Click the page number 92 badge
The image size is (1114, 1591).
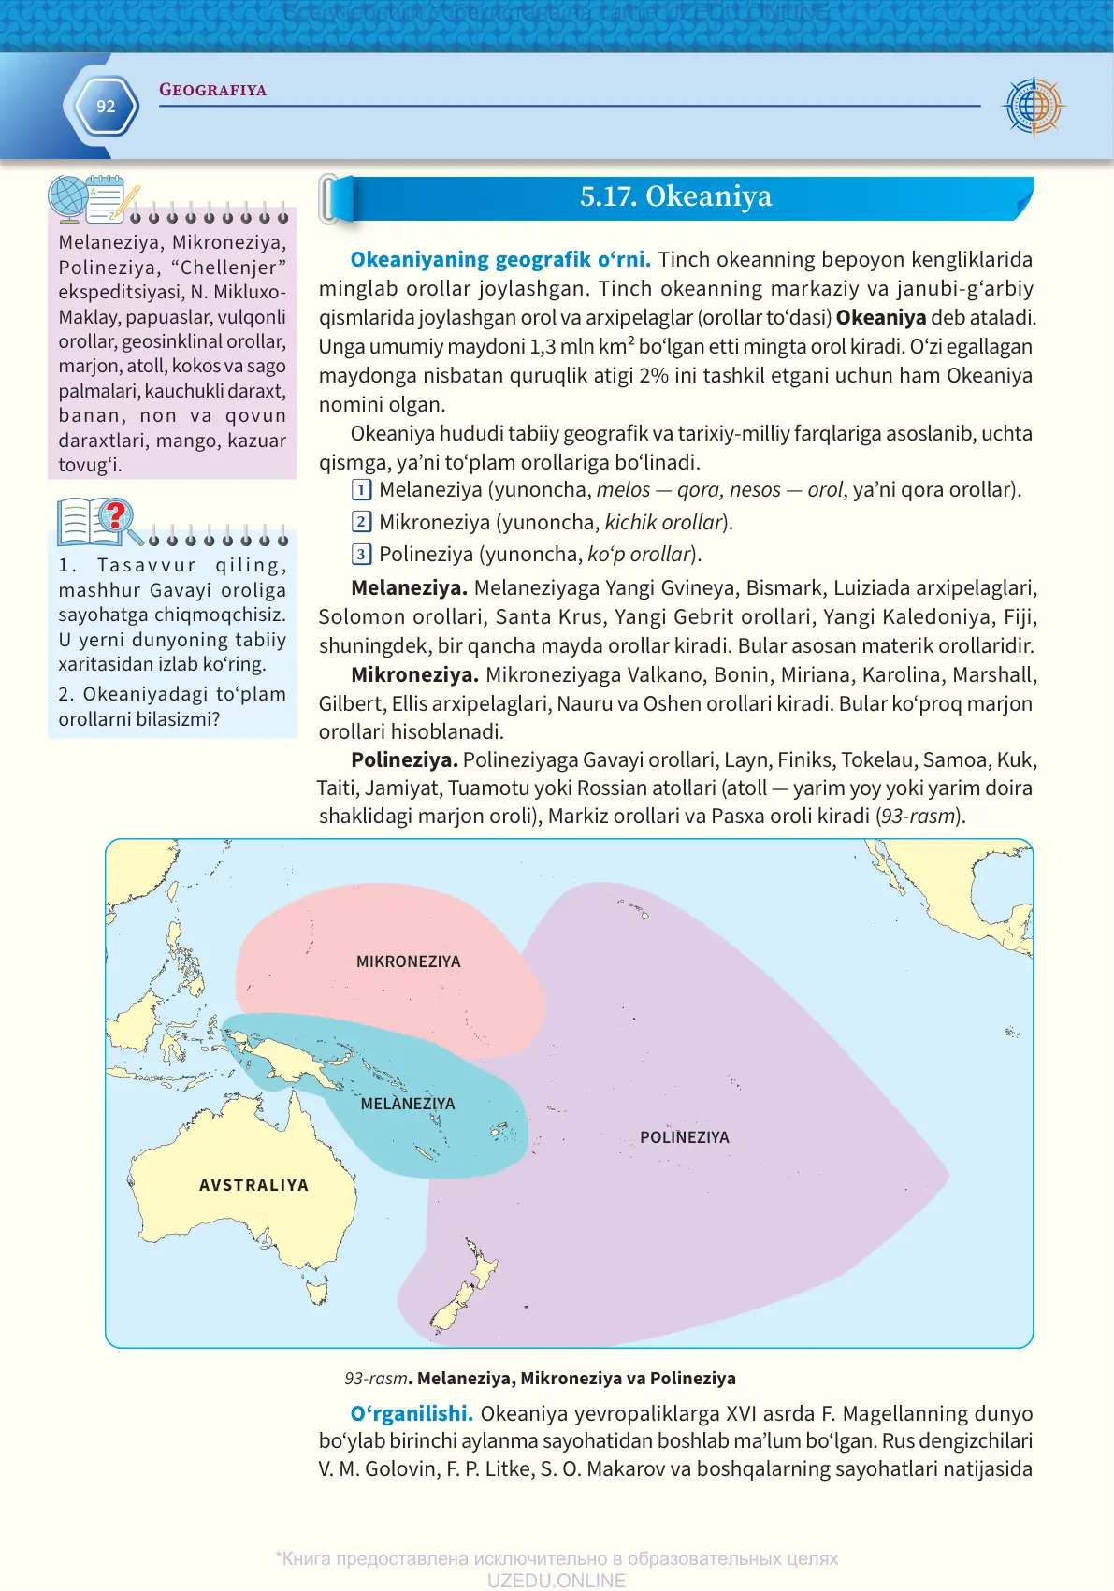[x=106, y=107]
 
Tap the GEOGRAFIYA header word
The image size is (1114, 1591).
[x=212, y=90]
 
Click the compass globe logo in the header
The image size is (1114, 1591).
[x=1033, y=106]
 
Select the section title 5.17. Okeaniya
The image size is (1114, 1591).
[x=675, y=196]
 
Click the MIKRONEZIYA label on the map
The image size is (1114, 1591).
[x=408, y=962]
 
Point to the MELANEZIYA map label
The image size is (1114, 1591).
[x=408, y=1104]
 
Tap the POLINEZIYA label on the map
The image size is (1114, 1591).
[x=684, y=1137]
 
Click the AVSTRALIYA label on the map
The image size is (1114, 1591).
[x=253, y=1185]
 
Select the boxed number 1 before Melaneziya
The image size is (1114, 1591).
[x=361, y=489]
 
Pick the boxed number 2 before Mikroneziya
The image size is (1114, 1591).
[x=361, y=522]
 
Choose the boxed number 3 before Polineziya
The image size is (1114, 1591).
[x=361, y=554]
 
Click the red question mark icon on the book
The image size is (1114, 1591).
[x=115, y=515]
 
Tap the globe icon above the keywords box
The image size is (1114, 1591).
[x=68, y=198]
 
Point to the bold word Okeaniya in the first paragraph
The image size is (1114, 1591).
[x=880, y=317]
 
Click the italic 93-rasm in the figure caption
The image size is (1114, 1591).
[x=375, y=1378]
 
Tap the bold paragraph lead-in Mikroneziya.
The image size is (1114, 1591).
[x=414, y=674]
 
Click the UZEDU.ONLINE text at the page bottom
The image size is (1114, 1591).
[x=556, y=1580]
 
